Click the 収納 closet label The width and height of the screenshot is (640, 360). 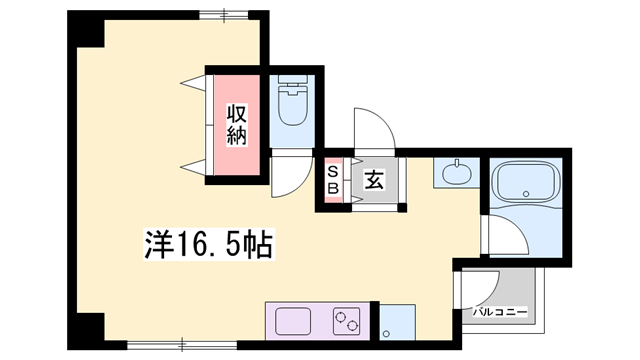(236, 124)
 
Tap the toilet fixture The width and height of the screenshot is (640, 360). (293, 106)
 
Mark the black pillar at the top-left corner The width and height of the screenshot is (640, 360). (87, 30)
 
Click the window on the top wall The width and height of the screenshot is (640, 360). (222, 15)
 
